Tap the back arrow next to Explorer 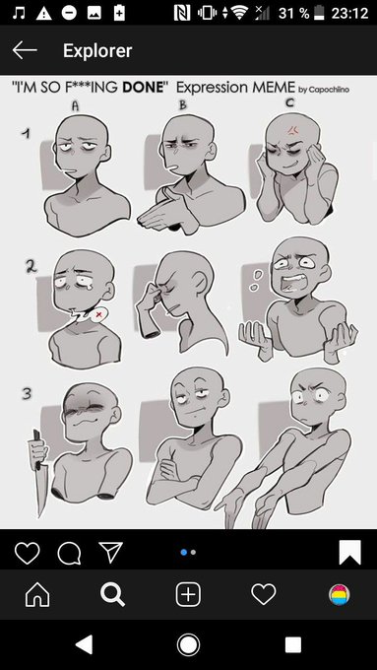[x=25, y=50]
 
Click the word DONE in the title [x=144, y=88]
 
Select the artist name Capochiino [x=329, y=90]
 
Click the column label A [x=75, y=105]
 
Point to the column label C [x=290, y=103]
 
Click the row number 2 [x=31, y=266]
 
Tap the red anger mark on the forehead [x=293, y=129]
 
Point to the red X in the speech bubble [x=99, y=314]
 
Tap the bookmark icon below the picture [x=349, y=553]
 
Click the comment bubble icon [x=69, y=553]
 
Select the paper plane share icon [x=110, y=552]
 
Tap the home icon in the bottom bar [x=37, y=594]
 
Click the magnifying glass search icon [x=113, y=595]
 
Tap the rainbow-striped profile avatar [x=340, y=595]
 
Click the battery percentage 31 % [x=293, y=13]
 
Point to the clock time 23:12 [x=349, y=13]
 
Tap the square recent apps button [x=293, y=644]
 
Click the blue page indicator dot [x=184, y=553]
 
